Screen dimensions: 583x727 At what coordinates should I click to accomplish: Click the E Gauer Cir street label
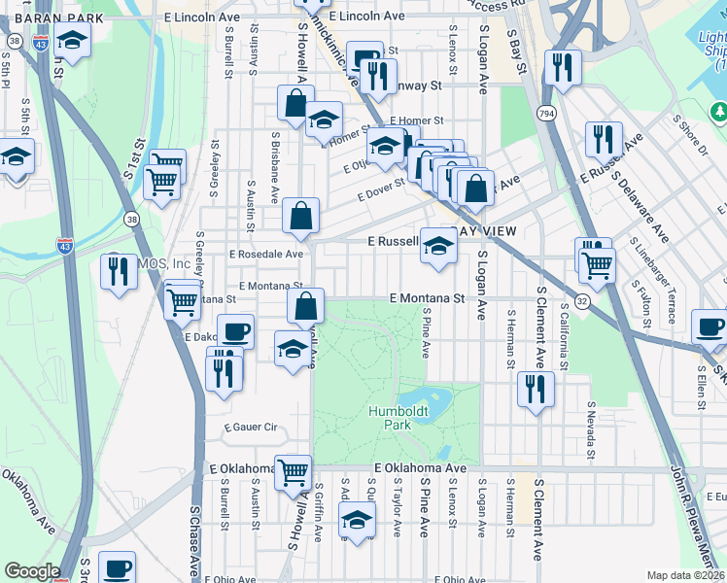pos(251,428)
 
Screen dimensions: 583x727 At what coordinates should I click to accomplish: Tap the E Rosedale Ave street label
pos(266,255)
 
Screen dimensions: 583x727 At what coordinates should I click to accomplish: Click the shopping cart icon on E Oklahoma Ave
pos(293,472)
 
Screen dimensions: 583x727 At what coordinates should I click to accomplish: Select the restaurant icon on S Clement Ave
pos(535,389)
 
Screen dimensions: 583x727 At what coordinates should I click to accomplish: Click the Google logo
pos(32,571)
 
